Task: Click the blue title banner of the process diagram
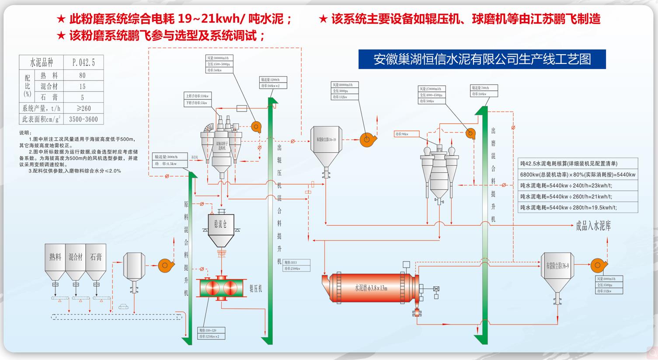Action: [482, 59]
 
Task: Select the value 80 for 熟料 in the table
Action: [83, 76]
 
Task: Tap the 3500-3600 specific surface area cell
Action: [83, 119]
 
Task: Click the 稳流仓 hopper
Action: [221, 227]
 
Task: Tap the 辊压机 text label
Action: [255, 289]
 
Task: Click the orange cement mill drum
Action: [372, 288]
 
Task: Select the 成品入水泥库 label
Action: [593, 226]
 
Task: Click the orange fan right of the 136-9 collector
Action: [597, 265]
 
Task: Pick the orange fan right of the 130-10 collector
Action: [367, 140]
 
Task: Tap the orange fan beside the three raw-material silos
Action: [164, 265]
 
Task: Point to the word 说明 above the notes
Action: [25, 133]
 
